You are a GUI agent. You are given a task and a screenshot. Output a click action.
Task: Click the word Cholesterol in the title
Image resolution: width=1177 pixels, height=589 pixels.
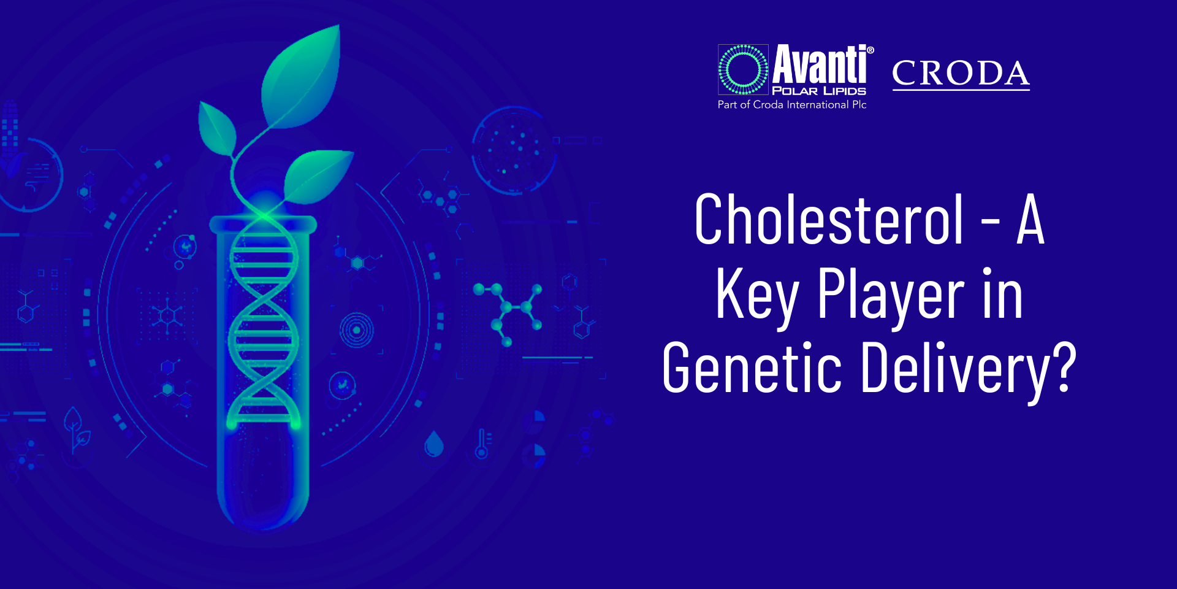coord(829,220)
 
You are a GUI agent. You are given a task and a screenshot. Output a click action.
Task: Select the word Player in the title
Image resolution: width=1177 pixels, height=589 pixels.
coord(891,296)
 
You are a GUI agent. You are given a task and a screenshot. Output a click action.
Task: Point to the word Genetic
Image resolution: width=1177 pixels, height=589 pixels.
coord(752,368)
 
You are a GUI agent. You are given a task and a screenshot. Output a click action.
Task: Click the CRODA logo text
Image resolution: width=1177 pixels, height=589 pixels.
coord(961,74)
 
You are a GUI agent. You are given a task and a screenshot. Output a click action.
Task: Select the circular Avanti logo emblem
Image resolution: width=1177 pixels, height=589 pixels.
coord(743,69)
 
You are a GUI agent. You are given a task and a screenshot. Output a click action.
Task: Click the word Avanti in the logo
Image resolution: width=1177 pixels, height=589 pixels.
coord(820,64)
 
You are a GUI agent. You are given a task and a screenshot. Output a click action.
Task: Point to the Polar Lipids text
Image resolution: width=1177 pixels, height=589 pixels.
coord(819,91)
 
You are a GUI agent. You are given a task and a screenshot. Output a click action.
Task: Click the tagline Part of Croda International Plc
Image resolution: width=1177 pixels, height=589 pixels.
coord(792,105)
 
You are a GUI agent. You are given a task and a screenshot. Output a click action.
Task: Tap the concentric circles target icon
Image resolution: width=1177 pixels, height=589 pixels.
coord(357,330)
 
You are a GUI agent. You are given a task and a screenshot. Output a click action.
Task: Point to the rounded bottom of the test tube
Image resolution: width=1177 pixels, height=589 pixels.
coord(264,509)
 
